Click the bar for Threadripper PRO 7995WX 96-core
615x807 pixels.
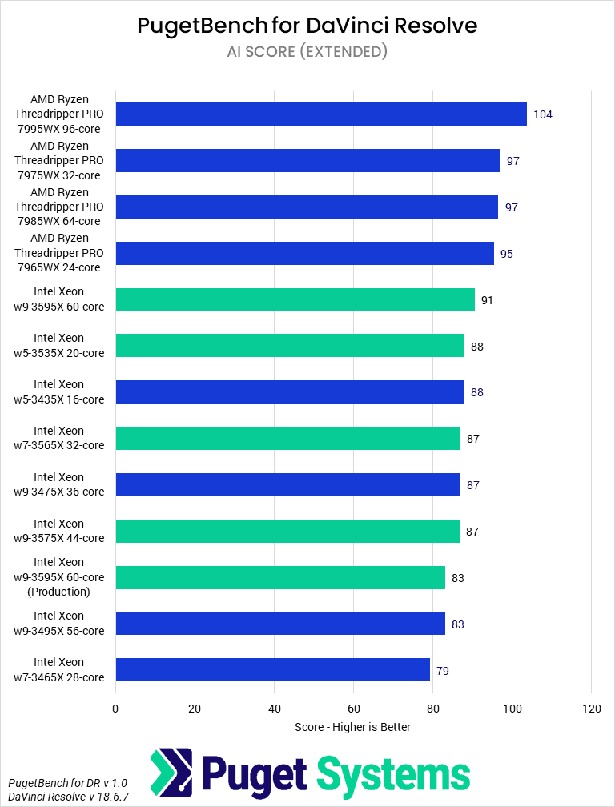coord(320,114)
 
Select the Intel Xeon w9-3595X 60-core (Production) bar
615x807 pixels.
coord(279,577)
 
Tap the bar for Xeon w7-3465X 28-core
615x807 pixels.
coord(272,670)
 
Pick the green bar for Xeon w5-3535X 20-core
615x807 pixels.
coord(289,346)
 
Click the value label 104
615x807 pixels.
coord(542,114)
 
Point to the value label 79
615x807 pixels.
coord(442,671)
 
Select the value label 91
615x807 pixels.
coord(487,300)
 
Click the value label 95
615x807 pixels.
coord(507,254)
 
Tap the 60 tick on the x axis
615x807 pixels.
coord(353,708)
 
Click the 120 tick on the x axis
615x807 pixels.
coord(591,708)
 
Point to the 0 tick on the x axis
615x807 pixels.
coord(115,708)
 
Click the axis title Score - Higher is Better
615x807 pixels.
coord(352,727)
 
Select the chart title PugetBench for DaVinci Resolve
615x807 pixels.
coord(307,26)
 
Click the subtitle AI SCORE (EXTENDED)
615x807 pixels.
coord(307,52)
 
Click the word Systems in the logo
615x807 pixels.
coord(393,774)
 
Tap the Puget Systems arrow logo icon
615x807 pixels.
coord(171,774)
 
